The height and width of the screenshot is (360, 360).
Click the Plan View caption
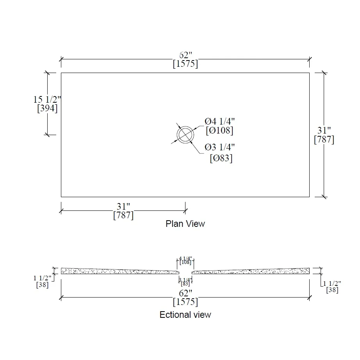click(185, 224)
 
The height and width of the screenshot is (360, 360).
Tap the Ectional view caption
click(185, 315)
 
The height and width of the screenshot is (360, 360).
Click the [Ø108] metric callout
click(219, 130)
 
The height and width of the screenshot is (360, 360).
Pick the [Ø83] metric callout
click(221, 158)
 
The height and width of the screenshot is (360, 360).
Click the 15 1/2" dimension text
click(47, 100)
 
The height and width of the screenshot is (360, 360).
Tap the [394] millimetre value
click(47, 109)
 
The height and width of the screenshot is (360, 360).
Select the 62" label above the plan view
click(185, 55)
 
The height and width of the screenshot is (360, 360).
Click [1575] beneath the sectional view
click(185, 302)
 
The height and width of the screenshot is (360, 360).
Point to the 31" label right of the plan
click(324, 130)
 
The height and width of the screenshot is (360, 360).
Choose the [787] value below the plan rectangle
click(123, 215)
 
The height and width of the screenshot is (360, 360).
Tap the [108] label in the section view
click(185, 262)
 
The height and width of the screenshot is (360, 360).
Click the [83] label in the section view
click(185, 283)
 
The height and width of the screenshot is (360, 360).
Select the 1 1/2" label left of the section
click(43, 278)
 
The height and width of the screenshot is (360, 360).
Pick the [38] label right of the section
click(332, 290)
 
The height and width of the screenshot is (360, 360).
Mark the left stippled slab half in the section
click(117, 271)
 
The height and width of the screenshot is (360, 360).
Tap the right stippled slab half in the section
click(254, 271)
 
